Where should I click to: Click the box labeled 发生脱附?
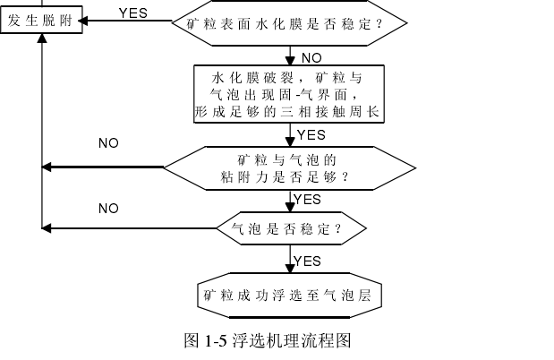[x=41, y=21]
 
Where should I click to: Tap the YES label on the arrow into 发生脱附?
[x=133, y=13]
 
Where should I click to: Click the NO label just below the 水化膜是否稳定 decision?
[x=311, y=58]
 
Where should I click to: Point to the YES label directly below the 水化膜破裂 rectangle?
[x=311, y=135]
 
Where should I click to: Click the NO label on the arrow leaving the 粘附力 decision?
[x=108, y=142]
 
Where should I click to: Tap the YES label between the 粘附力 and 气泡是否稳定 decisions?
[x=307, y=199]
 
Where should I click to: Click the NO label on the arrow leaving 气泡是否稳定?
[x=108, y=209]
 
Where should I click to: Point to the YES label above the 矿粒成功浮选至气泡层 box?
[x=307, y=261]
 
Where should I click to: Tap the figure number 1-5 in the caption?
[x=216, y=341]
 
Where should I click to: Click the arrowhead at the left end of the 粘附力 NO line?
[x=47, y=167]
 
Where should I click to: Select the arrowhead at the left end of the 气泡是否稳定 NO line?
[x=47, y=227]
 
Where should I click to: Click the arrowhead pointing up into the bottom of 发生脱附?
[x=41, y=39]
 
